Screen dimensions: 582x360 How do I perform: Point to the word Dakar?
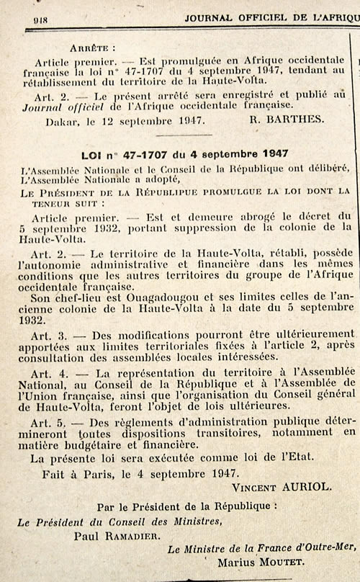pos(62,122)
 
